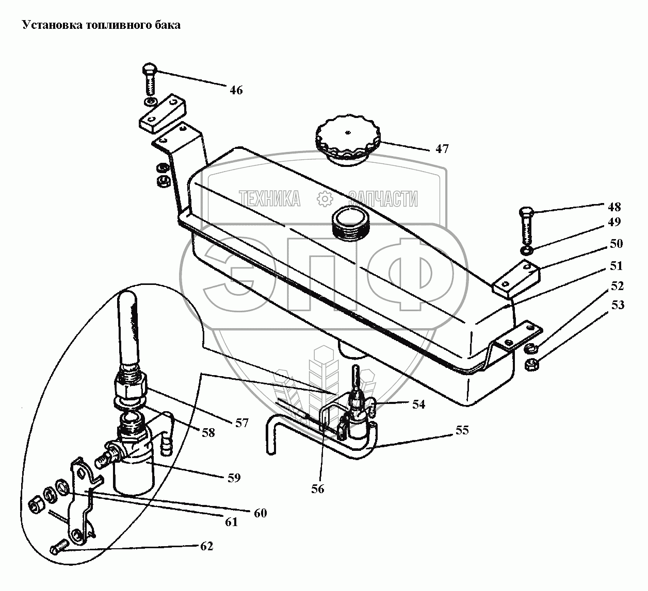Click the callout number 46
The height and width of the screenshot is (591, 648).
coord(236,90)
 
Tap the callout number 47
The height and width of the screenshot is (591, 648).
coord(442,149)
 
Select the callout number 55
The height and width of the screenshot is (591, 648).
coord(462,430)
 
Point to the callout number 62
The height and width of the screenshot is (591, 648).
coord(207,546)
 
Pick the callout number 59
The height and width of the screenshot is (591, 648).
coord(234,478)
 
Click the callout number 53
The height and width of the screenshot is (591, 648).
coord(618,305)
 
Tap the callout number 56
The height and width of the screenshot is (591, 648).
coord(317,489)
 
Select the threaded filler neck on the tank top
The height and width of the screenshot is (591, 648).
coord(350,223)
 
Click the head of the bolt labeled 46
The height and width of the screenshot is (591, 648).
coord(150,69)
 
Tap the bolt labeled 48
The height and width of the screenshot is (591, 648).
coord(527,225)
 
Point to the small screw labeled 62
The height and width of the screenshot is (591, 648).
coord(59,547)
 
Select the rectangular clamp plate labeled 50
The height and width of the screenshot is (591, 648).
coord(516,279)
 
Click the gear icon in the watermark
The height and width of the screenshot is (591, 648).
coord(325,199)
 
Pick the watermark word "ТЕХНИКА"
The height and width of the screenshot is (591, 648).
coord(270,198)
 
